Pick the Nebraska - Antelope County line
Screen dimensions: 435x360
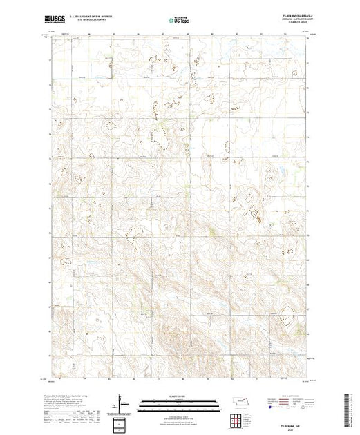point(284,20)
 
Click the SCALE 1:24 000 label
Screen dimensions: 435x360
point(169,399)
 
